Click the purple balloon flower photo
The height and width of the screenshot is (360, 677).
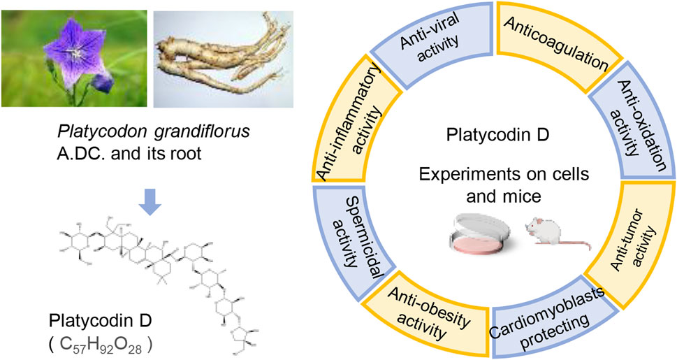coord(74,58)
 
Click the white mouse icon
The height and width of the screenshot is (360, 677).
coord(557,236)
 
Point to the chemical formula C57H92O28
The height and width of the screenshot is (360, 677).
coord(101,345)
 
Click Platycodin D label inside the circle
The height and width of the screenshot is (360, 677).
coord(497,135)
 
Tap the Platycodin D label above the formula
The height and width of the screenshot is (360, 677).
coord(100,322)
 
